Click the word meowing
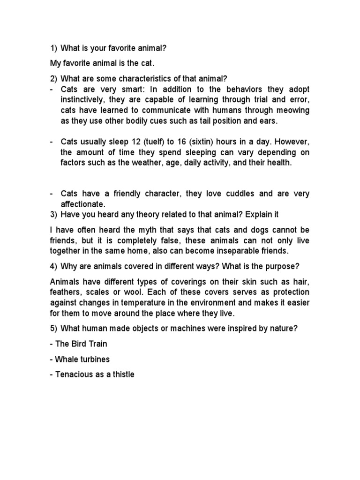(x=292, y=110)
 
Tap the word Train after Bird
(x=97, y=344)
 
